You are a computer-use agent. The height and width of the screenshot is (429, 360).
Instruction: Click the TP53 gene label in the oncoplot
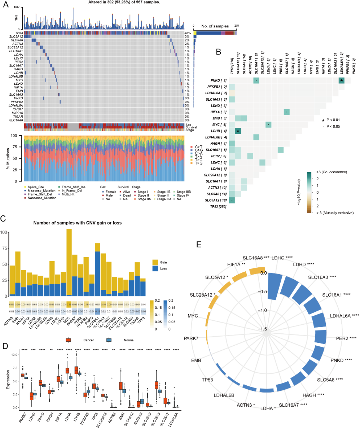coord(18,33)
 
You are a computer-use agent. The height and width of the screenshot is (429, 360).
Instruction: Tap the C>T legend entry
coord(198,147)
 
